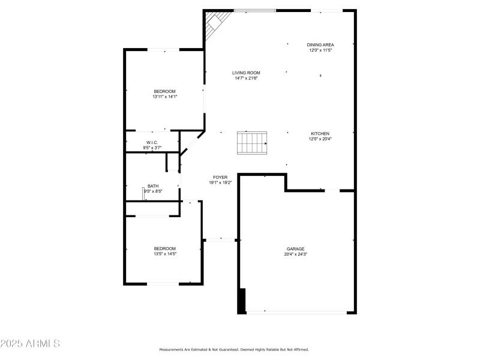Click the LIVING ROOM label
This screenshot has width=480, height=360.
(x=246, y=73)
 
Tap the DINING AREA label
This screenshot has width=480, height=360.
(x=320, y=45)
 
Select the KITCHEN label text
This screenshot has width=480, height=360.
(x=320, y=133)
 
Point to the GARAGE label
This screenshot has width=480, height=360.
(x=295, y=248)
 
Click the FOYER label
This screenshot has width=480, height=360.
(x=220, y=177)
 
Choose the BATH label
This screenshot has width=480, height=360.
(x=153, y=186)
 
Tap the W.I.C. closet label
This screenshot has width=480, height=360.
(x=152, y=142)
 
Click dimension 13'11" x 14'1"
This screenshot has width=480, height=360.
(x=164, y=97)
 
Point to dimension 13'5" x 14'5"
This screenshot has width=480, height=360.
(x=164, y=254)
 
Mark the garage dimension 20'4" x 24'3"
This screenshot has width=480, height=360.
(x=295, y=254)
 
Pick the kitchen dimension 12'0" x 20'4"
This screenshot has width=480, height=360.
(x=320, y=139)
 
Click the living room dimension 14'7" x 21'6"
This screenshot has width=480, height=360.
(x=246, y=78)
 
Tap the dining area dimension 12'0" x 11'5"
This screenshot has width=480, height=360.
(x=320, y=50)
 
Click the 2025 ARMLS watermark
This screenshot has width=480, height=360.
(x=30, y=344)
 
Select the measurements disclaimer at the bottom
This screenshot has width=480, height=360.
(x=241, y=349)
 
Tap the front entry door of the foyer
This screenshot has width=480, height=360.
(x=221, y=239)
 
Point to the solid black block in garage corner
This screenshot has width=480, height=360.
(x=242, y=301)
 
